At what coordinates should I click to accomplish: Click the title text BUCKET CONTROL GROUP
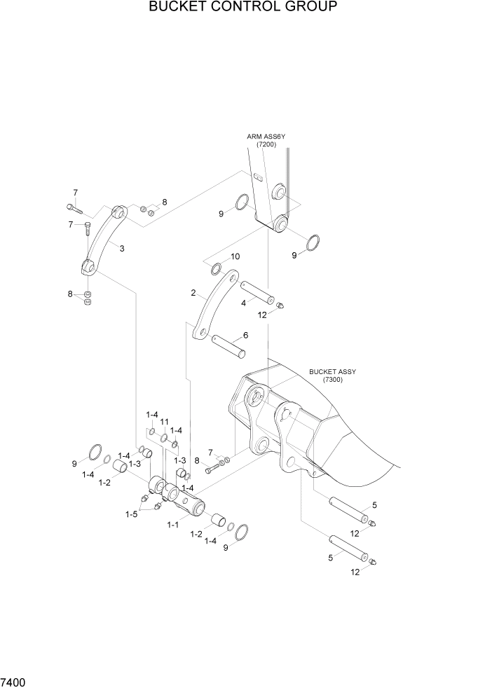243,8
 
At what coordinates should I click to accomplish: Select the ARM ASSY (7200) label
266,140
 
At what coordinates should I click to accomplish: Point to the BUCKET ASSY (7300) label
332,376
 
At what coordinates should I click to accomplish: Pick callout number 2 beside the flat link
193,293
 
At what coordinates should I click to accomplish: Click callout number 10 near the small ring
235,256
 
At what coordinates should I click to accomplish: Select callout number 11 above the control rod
165,422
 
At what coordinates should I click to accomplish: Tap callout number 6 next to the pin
245,335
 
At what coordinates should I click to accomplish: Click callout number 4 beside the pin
242,303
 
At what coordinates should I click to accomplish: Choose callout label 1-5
131,514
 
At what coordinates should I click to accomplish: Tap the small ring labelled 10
217,269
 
